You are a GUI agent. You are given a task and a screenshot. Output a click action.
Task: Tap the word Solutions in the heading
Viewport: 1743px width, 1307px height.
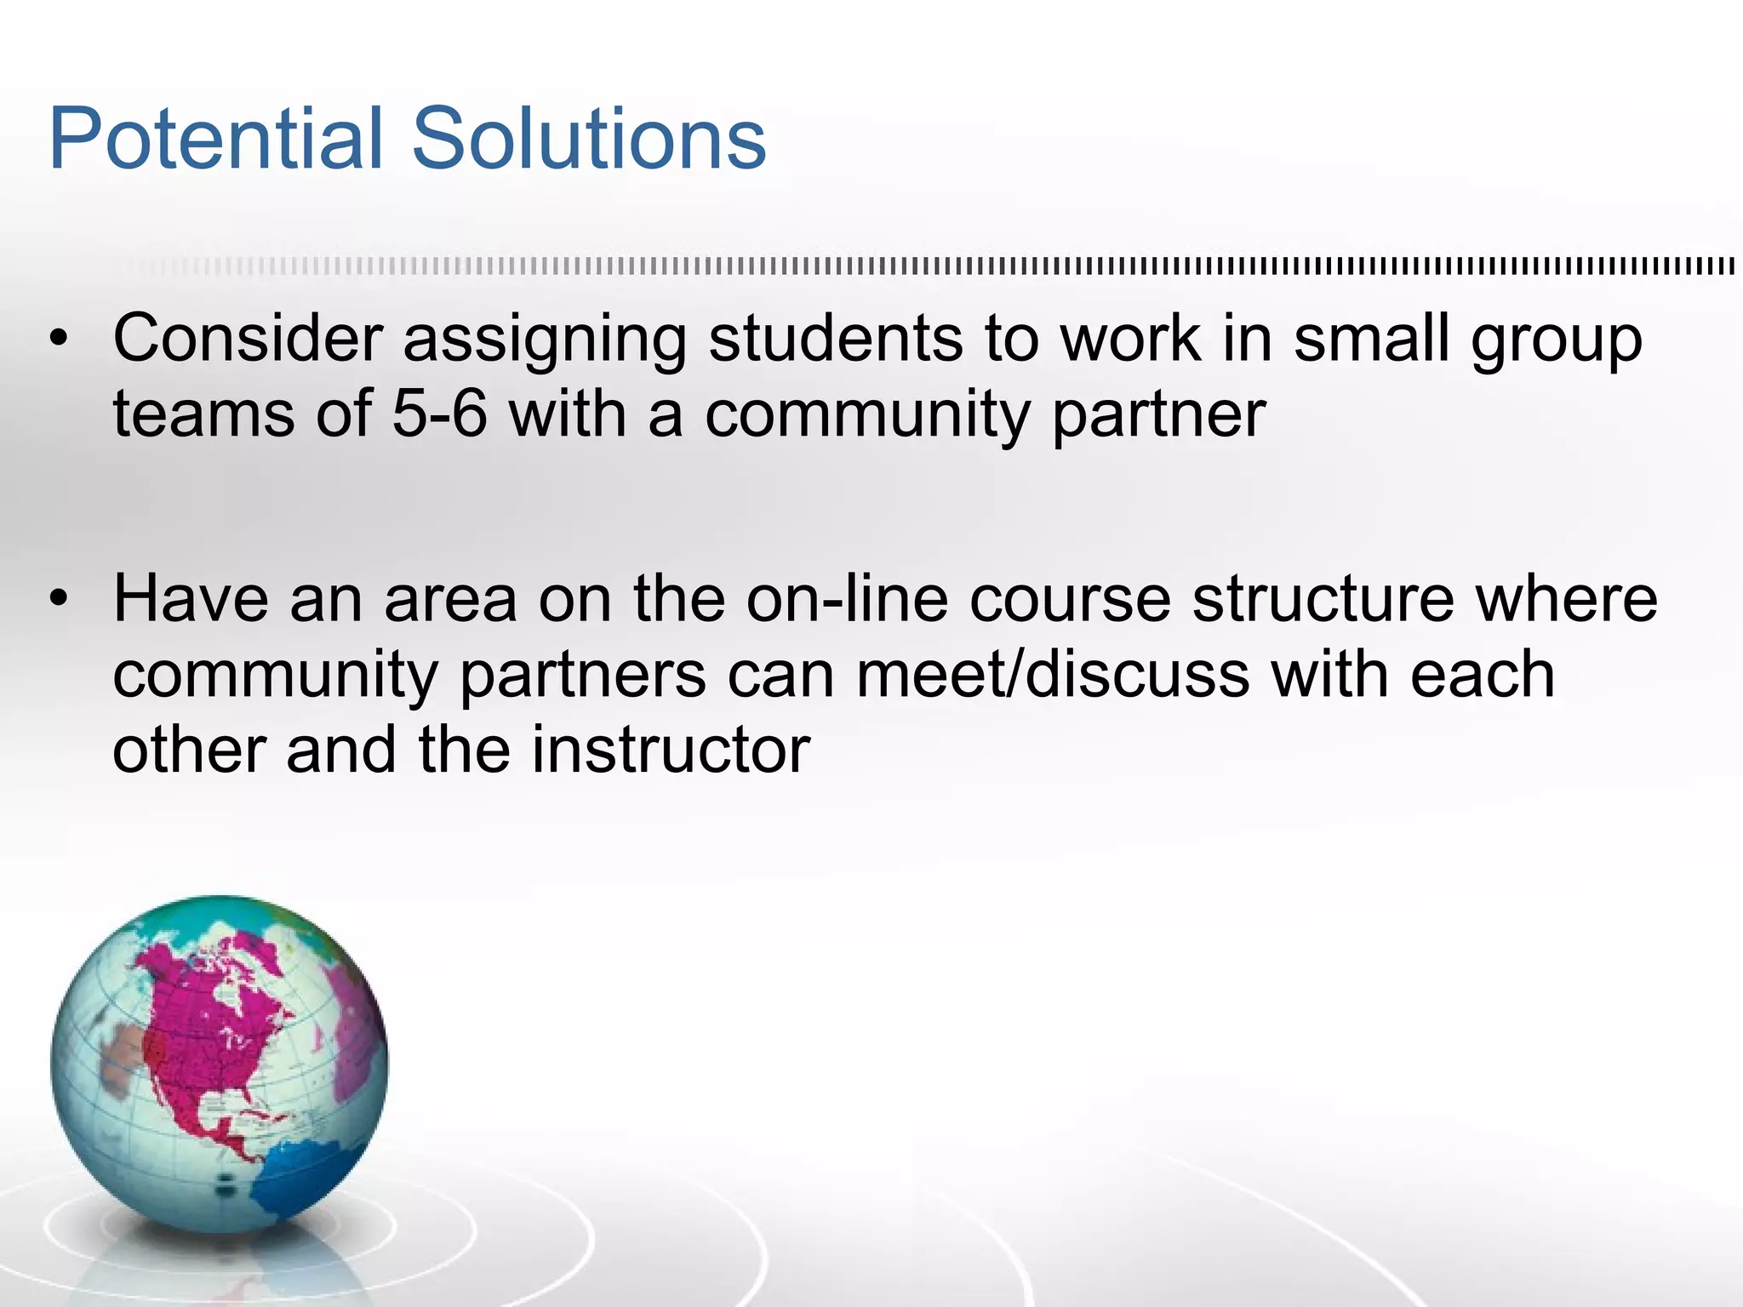tap(589, 139)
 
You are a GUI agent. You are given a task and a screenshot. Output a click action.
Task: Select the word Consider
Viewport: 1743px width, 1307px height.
tap(248, 340)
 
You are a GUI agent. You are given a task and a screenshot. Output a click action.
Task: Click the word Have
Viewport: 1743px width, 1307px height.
tap(191, 598)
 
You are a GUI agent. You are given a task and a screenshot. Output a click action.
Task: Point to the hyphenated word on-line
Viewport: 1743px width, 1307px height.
tap(847, 598)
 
